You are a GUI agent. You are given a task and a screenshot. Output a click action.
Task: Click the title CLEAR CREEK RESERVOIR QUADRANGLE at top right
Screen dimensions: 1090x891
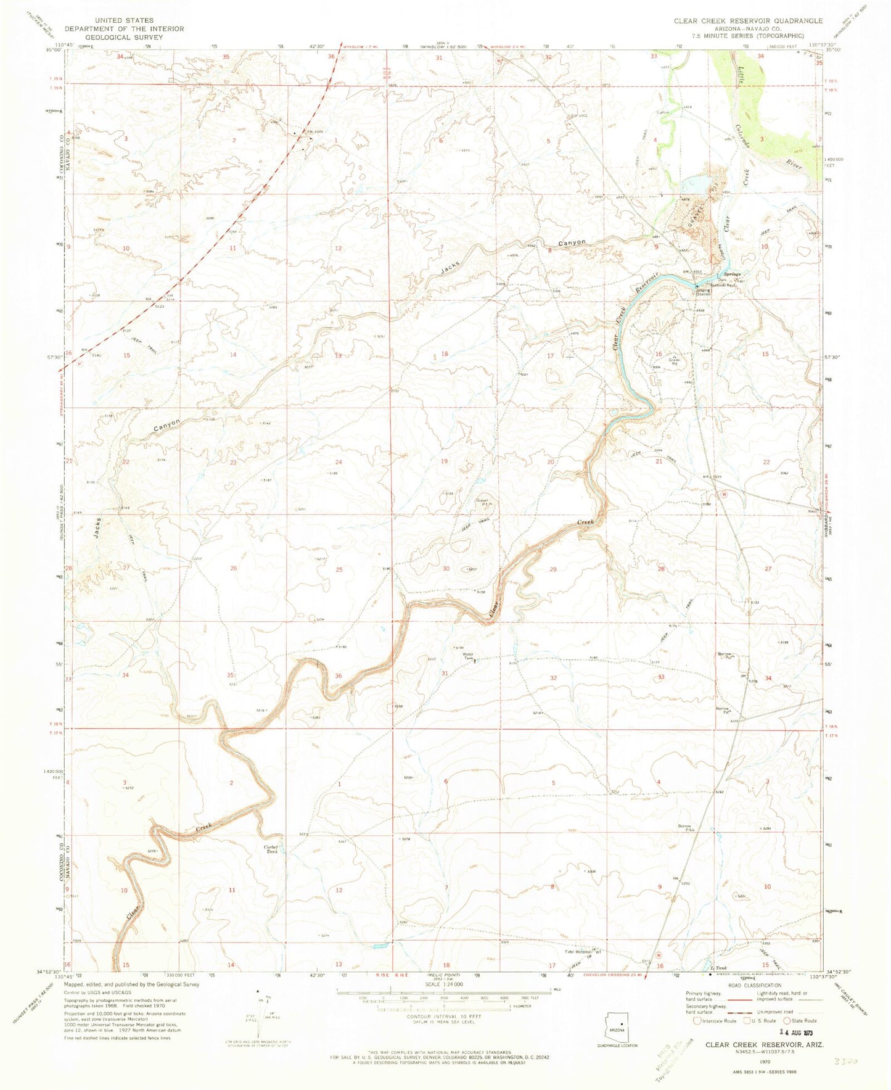click(748, 21)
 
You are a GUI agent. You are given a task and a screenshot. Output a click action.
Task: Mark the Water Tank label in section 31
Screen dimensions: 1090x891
click(469, 656)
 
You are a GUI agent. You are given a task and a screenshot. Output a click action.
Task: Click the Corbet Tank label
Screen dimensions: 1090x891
click(272, 849)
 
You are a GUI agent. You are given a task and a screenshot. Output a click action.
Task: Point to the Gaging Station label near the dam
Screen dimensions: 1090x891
click(704, 292)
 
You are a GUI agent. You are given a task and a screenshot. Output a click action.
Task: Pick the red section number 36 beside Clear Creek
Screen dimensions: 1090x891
click(338, 676)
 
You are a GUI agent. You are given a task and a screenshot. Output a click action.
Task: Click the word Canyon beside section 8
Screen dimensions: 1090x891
click(571, 243)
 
